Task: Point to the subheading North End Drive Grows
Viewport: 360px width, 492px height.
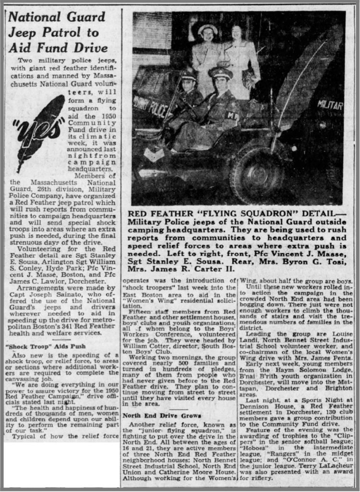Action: tap(155, 415)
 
